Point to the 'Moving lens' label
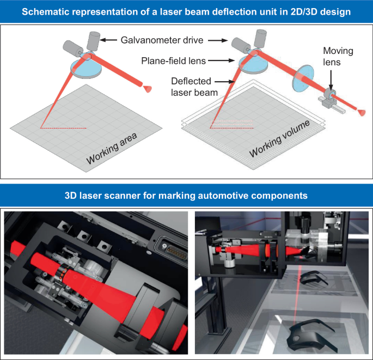pyautogui.click(x=338, y=56)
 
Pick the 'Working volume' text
pyautogui.click(x=280, y=139)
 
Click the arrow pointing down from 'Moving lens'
pyautogui.click(x=331, y=76)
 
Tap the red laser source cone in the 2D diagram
pyautogui.click(x=148, y=87)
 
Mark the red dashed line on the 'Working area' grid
pyautogui.click(x=63, y=128)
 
